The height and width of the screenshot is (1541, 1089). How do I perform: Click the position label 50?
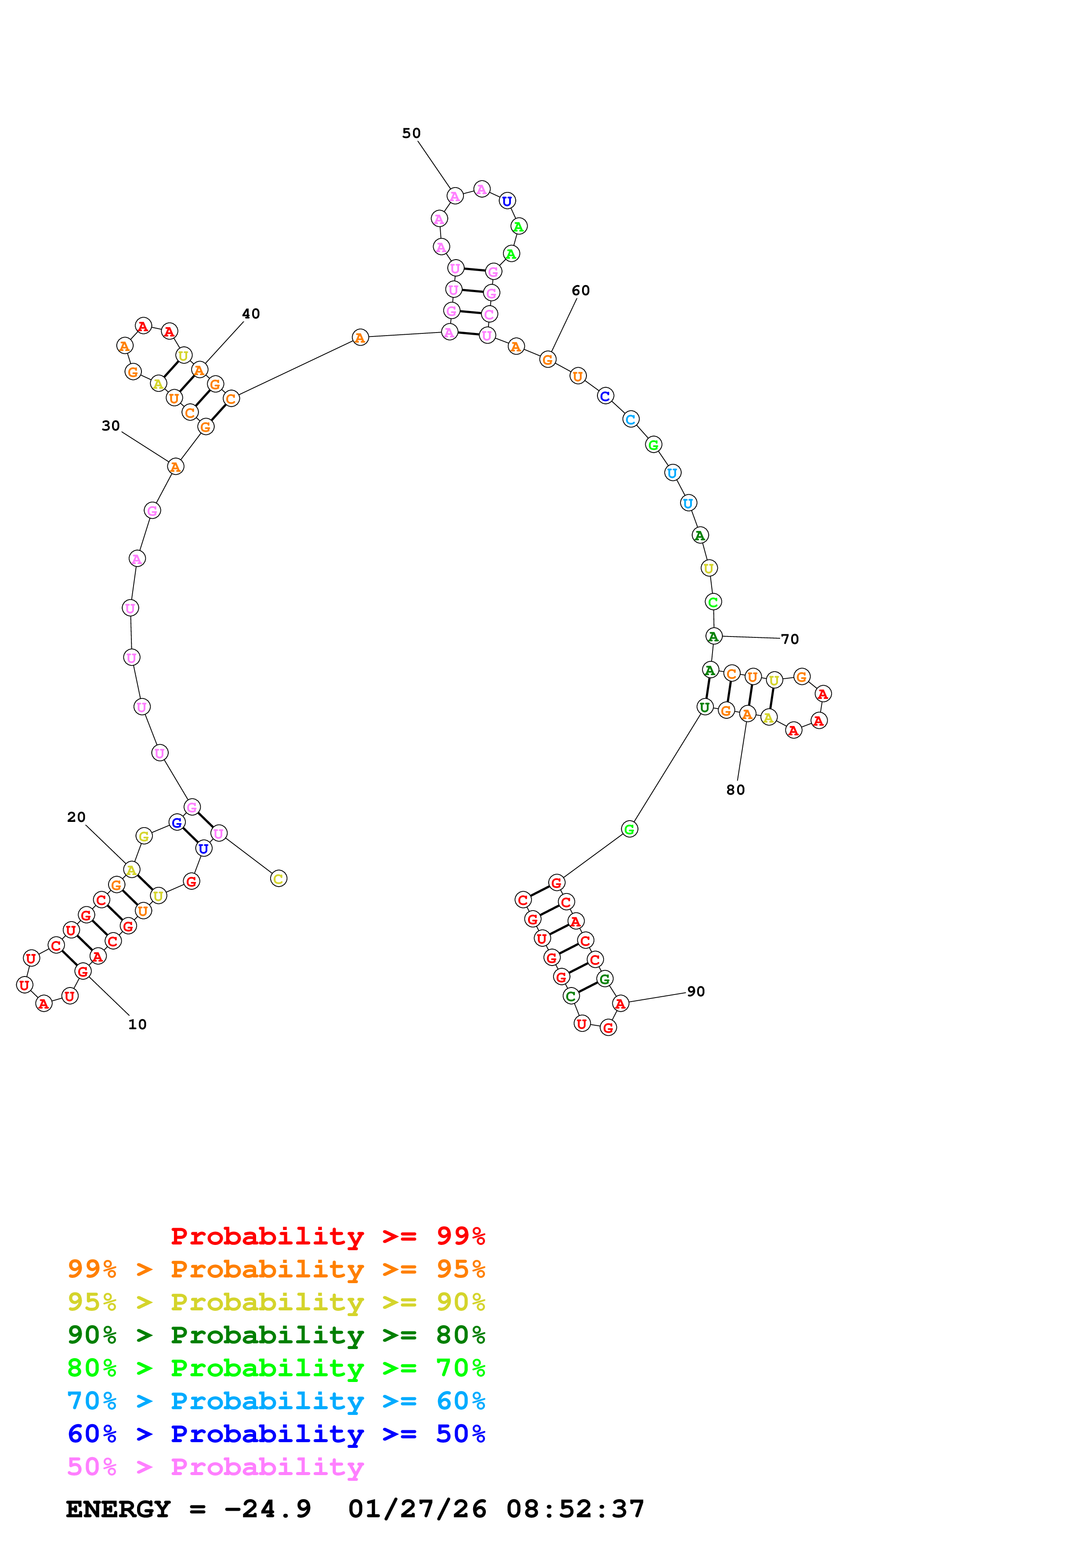coord(411,133)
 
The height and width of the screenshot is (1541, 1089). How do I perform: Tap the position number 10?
coord(137,1024)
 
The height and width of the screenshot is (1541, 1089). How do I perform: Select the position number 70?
coord(790,639)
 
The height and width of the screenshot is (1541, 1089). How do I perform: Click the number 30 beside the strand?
coord(111,426)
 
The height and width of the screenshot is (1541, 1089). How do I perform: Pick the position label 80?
coord(735,790)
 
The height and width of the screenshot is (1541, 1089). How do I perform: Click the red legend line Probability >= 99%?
coord(327,1236)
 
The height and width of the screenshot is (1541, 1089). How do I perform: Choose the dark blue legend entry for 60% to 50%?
coord(276,1434)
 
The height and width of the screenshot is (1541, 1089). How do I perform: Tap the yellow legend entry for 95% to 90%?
coord(276,1302)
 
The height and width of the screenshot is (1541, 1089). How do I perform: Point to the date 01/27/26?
coord(417,1509)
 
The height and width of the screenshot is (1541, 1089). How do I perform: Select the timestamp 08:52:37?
coord(575,1509)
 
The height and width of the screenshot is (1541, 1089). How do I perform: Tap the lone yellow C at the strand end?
coord(279,879)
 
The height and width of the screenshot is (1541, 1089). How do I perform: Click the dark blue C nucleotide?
coord(604,396)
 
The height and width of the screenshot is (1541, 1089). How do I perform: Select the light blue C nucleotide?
coord(630,420)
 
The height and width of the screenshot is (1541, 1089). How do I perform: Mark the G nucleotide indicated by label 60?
coord(547,360)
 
